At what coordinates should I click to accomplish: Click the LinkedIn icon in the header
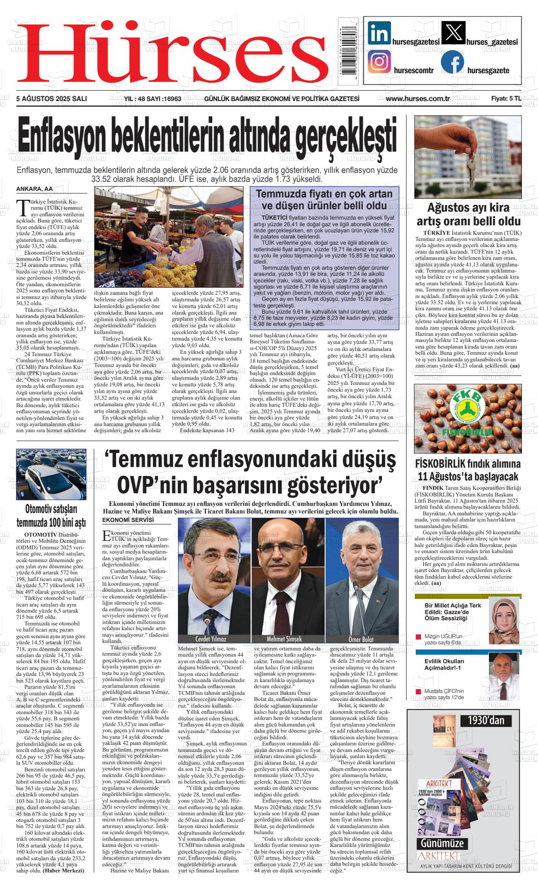[379, 33]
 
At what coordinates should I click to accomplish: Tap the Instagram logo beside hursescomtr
[379, 62]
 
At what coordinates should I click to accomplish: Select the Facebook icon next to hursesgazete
[452, 61]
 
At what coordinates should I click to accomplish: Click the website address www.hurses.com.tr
[417, 99]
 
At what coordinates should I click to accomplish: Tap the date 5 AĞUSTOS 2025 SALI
[51, 99]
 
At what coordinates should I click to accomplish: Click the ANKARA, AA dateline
[34, 189]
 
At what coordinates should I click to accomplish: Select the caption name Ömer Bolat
[361, 639]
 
